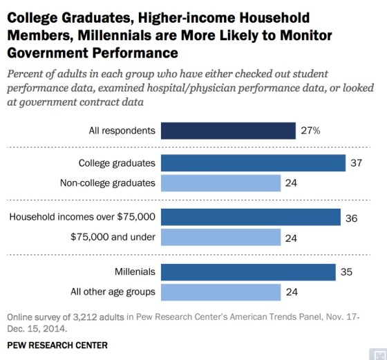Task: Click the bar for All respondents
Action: [x=227, y=129]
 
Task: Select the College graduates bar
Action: [x=253, y=163]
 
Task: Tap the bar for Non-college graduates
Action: [x=220, y=183]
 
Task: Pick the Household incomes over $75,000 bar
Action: [x=250, y=217]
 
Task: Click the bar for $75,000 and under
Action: [x=220, y=237]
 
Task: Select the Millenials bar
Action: [x=248, y=271]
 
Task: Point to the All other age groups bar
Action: [x=220, y=290]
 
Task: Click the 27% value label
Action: [x=311, y=129]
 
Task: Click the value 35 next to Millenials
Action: [x=348, y=271]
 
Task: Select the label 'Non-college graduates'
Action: [x=107, y=183]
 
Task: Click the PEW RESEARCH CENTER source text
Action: [x=55, y=344]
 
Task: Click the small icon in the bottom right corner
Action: [x=377, y=351]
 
